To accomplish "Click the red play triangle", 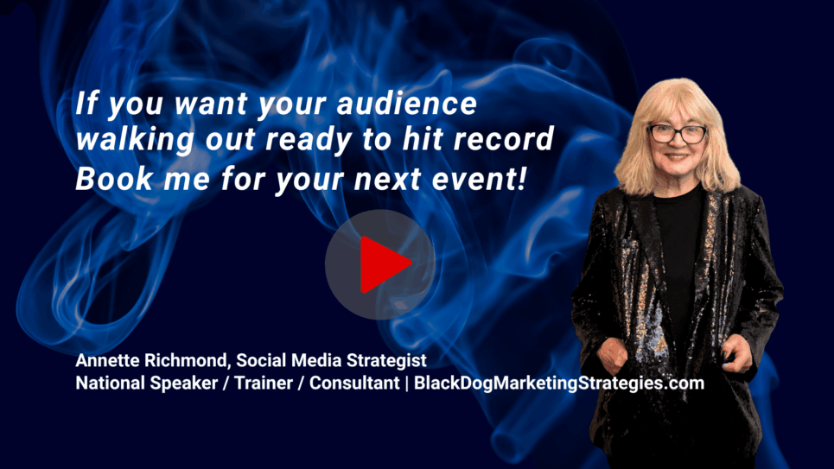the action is pos(383,264).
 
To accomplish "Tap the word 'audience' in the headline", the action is pos(407,103).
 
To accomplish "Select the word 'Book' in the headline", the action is pos(114,178).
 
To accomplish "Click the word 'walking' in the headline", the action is pos(135,140).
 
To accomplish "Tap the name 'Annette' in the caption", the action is pos(107,360).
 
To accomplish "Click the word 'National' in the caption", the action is pos(110,383).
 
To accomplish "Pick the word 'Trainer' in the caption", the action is pos(264,383).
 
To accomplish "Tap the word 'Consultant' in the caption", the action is pos(354,383).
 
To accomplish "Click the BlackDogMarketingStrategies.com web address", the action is pos(559,383).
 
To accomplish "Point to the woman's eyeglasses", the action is pos(677,134).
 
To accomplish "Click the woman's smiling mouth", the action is pos(677,157).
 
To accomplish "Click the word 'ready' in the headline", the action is pos(309,140).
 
